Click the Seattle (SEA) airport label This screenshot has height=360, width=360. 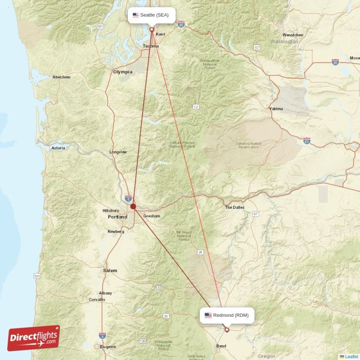point(151,15)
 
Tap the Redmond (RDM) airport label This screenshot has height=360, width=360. point(227,315)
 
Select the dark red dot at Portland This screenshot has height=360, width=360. point(133,207)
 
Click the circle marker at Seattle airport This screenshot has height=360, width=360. point(152,29)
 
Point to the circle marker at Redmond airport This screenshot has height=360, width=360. point(227,329)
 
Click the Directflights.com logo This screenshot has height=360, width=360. point(34,338)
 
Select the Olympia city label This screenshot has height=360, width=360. point(123,72)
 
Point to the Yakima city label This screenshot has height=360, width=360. point(276,109)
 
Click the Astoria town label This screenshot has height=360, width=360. point(58,148)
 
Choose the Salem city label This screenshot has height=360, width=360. point(110,270)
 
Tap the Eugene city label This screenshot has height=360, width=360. point(108,346)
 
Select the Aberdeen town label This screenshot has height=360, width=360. point(62,77)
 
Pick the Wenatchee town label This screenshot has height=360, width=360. point(292,35)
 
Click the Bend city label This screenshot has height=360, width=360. point(221,346)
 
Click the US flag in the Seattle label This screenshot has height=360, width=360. point(135,15)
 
